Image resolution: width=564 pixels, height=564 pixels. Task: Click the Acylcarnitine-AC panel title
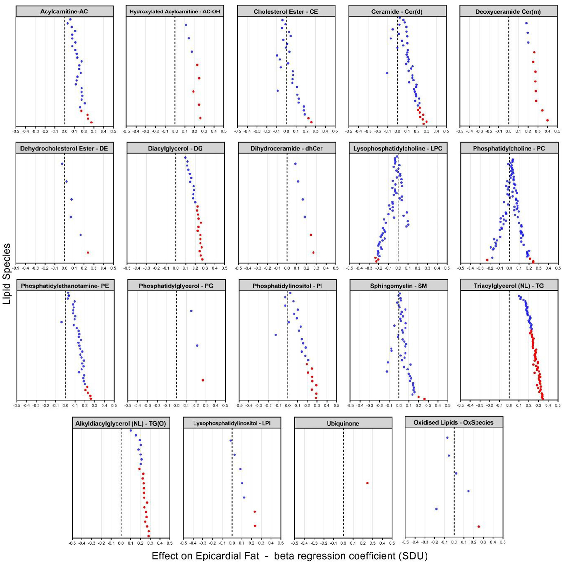(x=64, y=12)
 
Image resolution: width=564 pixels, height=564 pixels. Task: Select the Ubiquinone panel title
(x=343, y=424)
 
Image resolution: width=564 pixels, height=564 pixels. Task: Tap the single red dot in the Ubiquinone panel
(x=367, y=483)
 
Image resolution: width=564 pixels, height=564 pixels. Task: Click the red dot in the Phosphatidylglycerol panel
(x=203, y=380)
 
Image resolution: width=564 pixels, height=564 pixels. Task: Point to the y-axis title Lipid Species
(x=7, y=274)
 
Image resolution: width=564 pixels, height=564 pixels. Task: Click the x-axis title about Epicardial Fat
(x=289, y=556)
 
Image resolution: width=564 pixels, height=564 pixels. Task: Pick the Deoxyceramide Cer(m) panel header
(x=508, y=12)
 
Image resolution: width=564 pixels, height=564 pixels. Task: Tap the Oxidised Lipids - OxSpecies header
(x=454, y=423)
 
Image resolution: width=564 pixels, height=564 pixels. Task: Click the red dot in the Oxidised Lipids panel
(x=479, y=527)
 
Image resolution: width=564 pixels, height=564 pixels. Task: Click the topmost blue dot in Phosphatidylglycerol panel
(x=191, y=311)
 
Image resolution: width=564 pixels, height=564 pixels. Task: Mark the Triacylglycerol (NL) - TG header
(x=509, y=286)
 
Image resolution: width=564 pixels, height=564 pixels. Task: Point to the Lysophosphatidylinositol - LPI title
(x=232, y=423)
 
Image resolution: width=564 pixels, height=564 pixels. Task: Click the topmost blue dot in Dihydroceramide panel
(x=295, y=164)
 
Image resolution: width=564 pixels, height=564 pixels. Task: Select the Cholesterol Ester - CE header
(x=286, y=12)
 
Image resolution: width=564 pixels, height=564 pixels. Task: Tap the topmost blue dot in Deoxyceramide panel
(x=526, y=23)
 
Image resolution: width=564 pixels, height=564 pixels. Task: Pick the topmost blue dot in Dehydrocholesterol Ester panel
(x=62, y=164)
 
